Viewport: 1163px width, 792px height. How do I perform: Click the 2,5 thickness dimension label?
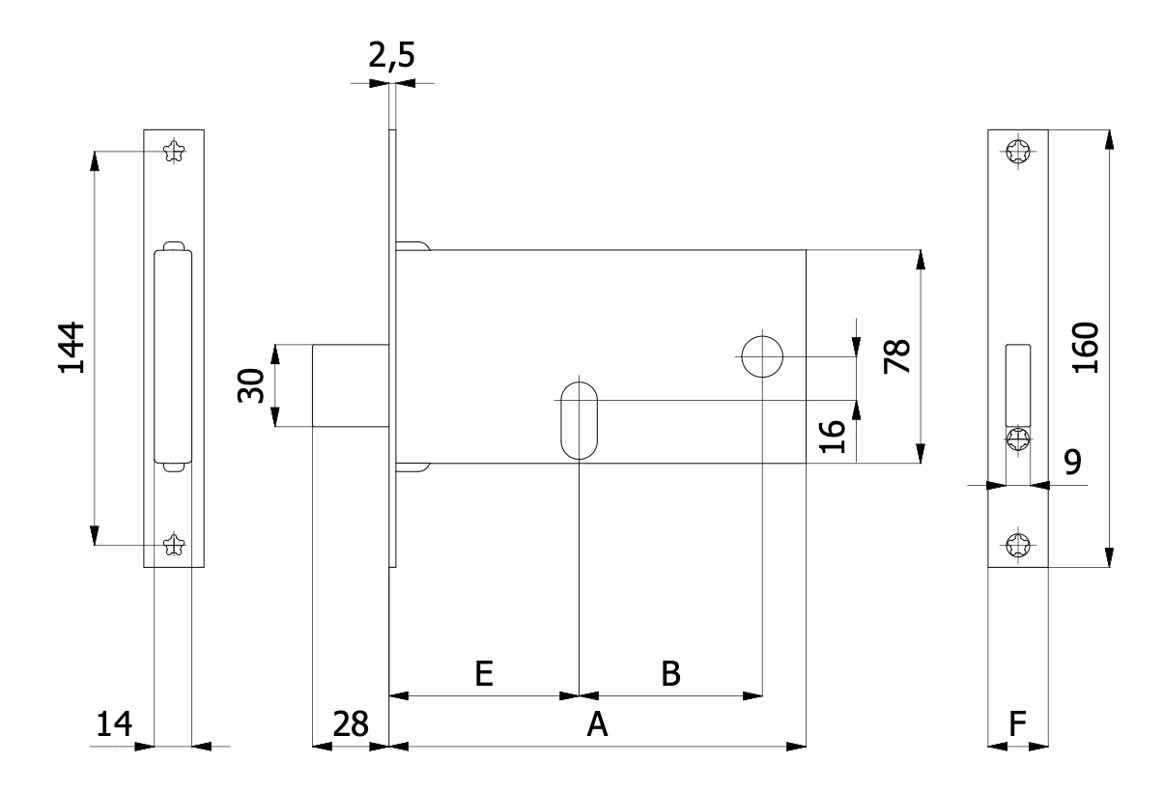click(x=391, y=56)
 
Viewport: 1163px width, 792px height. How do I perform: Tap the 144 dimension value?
click(x=71, y=347)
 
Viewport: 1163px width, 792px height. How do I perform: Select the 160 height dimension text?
click(x=1085, y=347)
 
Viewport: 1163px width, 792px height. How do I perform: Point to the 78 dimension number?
click(x=896, y=356)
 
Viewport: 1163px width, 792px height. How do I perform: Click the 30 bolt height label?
click(x=251, y=385)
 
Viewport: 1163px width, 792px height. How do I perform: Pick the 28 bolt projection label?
click(x=351, y=724)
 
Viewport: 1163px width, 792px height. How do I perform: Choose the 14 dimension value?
click(x=114, y=724)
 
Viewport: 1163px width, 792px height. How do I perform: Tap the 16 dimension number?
click(x=832, y=436)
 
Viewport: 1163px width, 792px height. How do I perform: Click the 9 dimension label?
click(x=1072, y=461)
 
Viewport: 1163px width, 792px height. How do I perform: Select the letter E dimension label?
click(x=484, y=673)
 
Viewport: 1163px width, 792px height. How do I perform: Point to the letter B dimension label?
click(x=670, y=673)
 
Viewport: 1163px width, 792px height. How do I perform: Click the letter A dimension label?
click(x=597, y=724)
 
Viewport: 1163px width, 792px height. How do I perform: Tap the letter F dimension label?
click(x=1018, y=724)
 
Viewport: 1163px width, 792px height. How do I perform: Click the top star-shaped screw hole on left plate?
click(x=174, y=151)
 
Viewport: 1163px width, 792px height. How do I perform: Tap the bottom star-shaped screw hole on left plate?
click(x=174, y=545)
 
